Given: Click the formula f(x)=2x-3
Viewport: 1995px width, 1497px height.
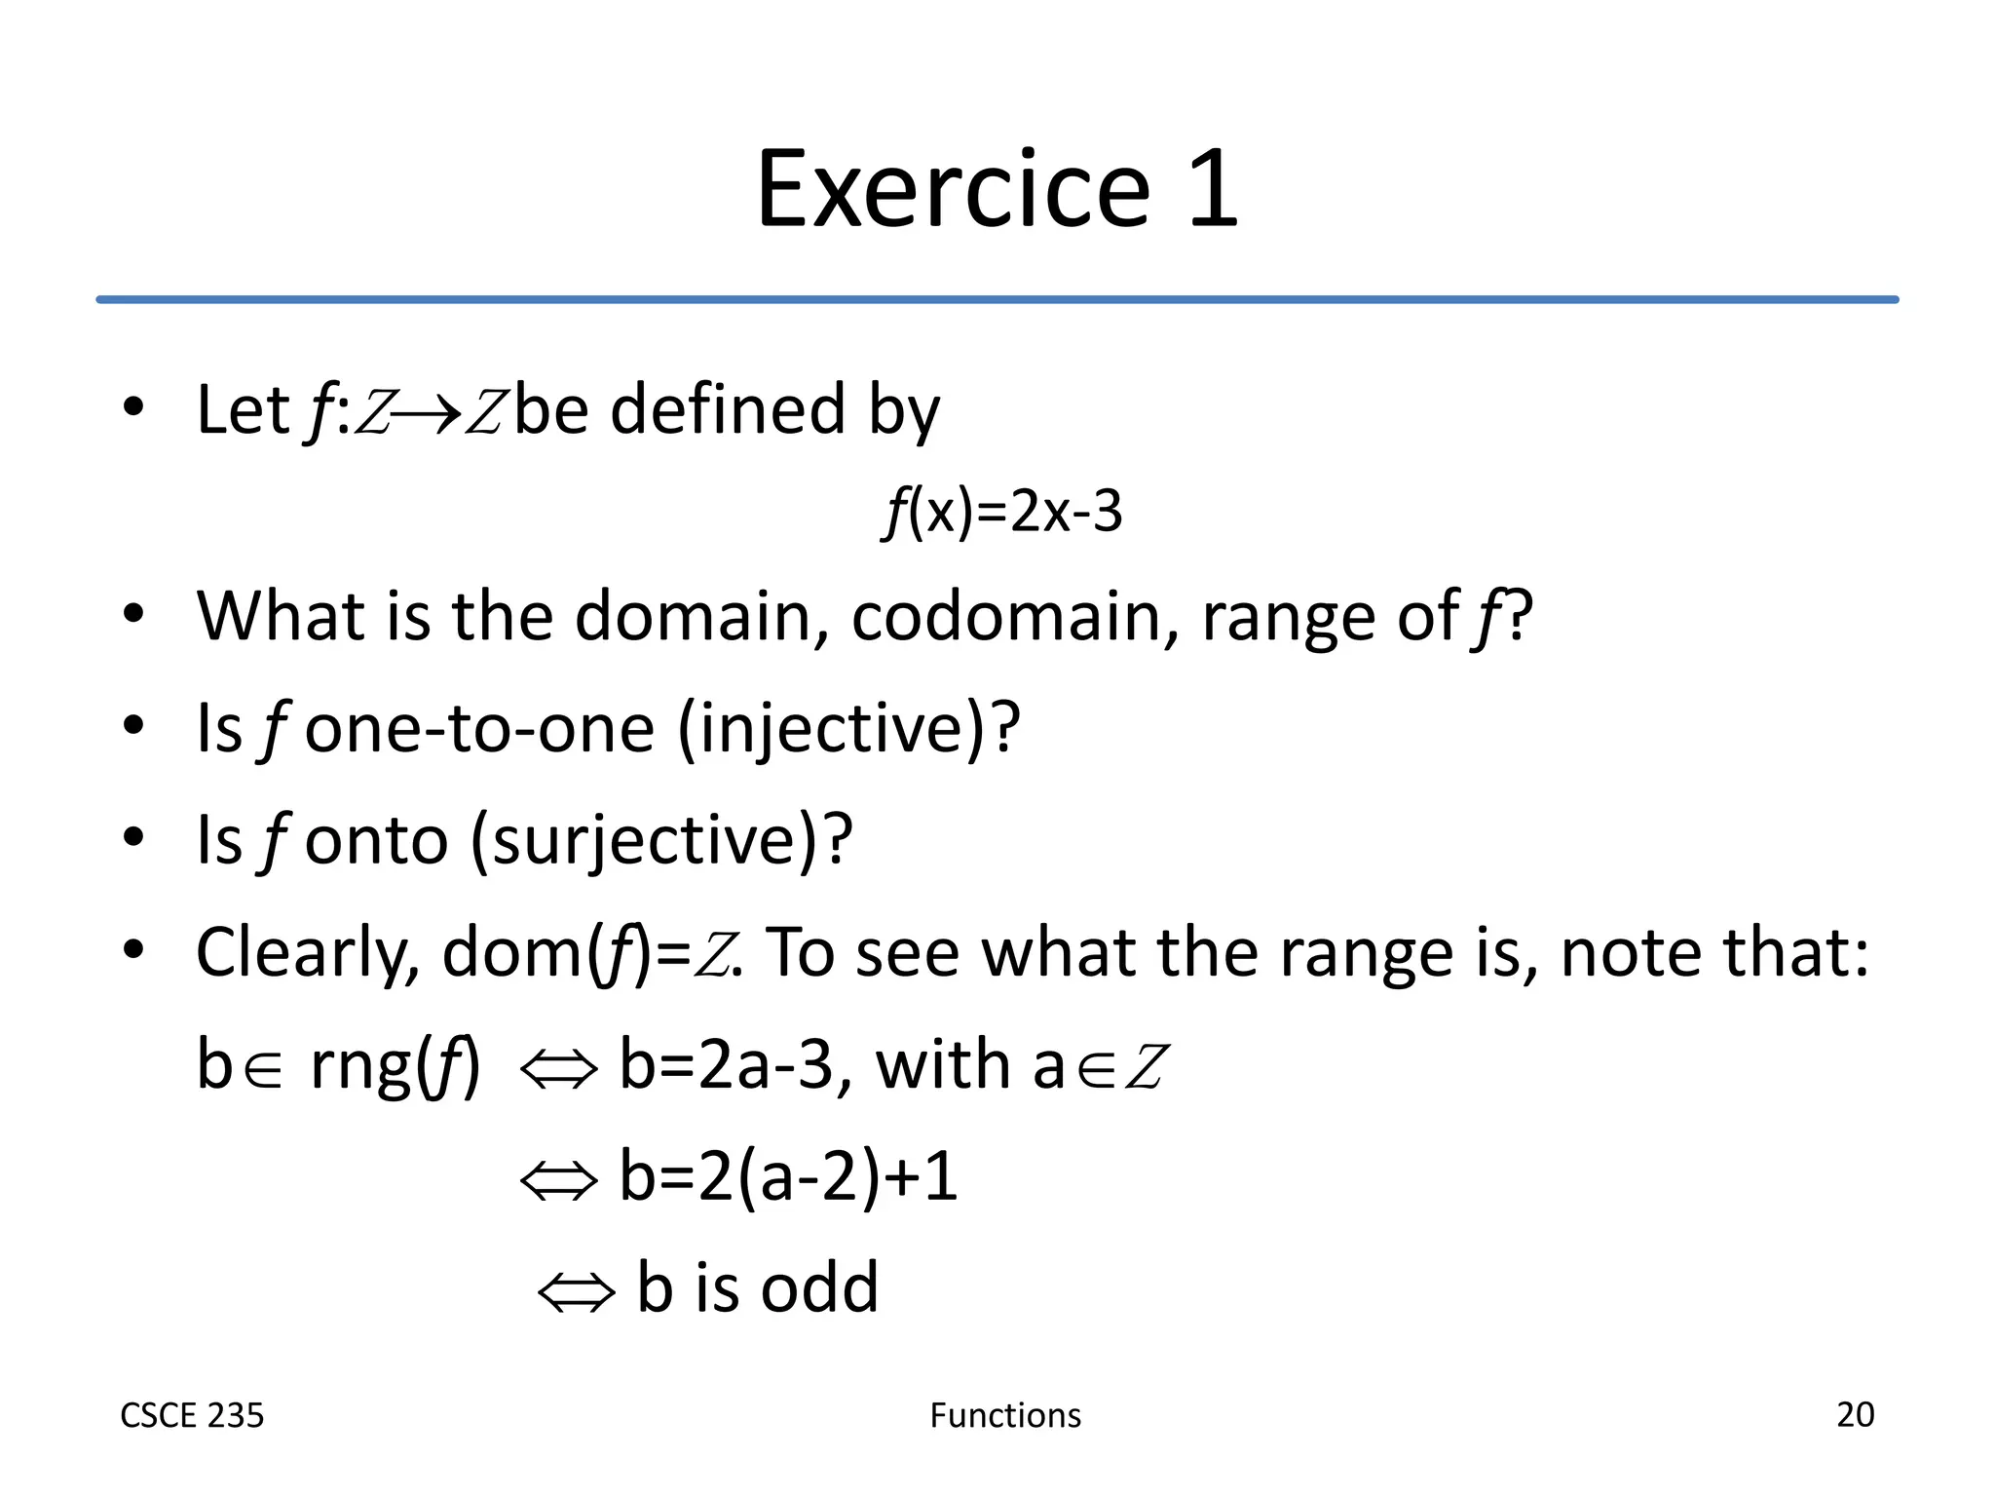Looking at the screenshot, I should pos(1002,513).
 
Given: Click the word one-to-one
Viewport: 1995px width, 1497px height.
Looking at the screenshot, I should pos(478,729).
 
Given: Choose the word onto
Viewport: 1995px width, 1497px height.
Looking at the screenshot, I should pos(376,840).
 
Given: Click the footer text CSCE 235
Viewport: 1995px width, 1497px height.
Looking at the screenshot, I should pos(192,1415).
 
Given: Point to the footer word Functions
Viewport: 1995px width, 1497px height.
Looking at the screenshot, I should pos(1005,1415).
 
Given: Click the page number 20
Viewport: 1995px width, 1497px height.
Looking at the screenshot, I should pos(1855,1414).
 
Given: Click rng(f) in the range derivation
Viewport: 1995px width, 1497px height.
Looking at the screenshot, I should pos(395,1065).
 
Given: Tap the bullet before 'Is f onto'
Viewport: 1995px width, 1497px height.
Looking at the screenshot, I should pos(133,837).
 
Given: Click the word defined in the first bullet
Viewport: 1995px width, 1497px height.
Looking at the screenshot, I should pos(727,409).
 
